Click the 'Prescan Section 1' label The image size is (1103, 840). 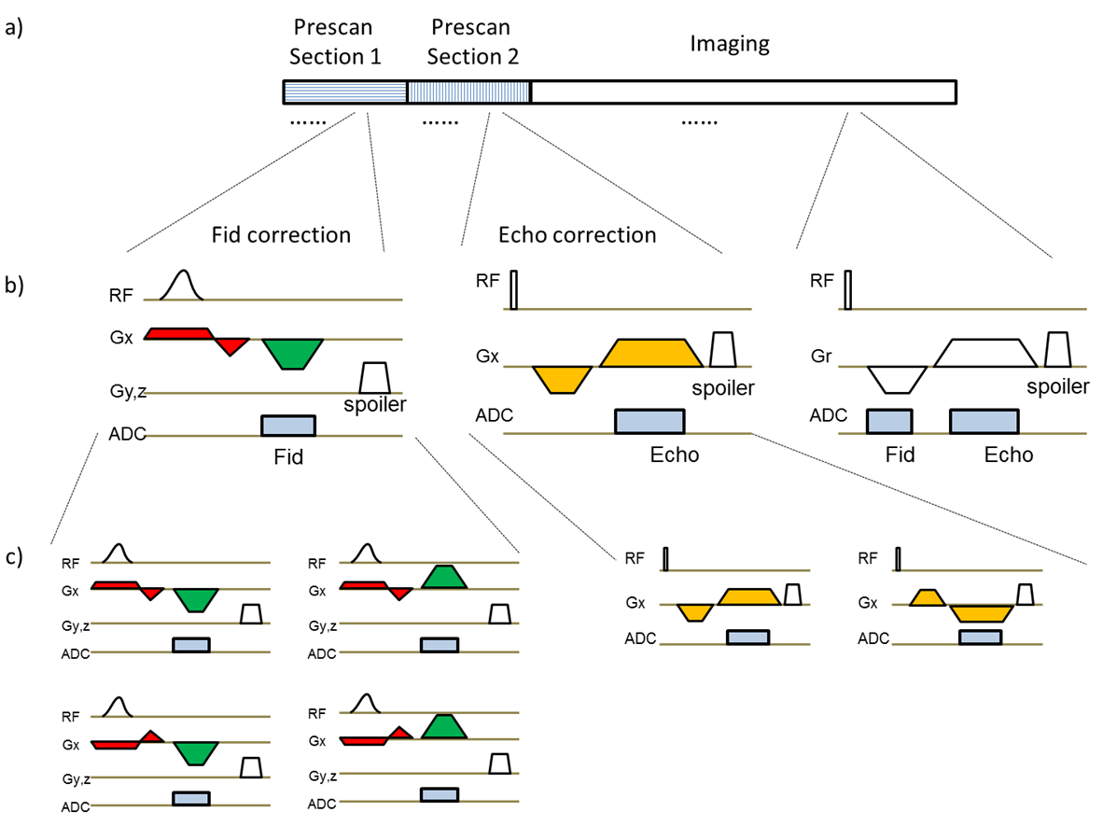[x=335, y=43]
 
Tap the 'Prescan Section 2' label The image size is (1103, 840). [x=473, y=43]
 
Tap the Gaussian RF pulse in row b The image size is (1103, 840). [x=182, y=285]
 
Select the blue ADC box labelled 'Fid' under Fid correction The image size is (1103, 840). [x=288, y=426]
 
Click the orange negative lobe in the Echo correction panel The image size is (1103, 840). [x=563, y=378]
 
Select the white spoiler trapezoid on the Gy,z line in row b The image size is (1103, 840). [x=374, y=378]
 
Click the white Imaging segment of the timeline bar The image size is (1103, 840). [x=743, y=91]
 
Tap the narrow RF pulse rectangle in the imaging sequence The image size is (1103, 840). [x=847, y=288]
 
